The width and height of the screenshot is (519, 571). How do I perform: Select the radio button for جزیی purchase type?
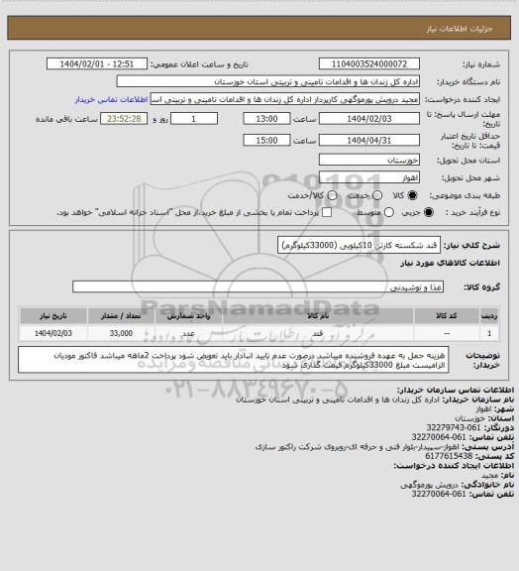(428, 212)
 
